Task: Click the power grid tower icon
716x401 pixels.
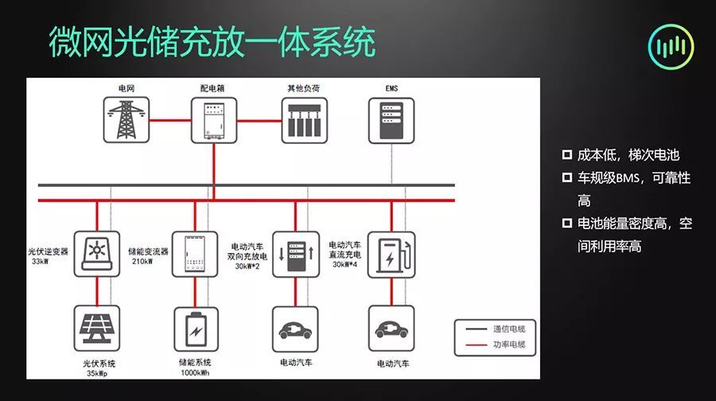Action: click(126, 119)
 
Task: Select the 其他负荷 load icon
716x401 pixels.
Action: click(304, 121)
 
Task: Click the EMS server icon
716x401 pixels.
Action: click(391, 121)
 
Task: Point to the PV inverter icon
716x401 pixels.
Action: click(97, 254)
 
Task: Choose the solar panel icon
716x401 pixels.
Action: click(97, 329)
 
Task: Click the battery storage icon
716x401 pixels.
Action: click(196, 329)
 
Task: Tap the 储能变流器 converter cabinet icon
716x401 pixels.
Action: click(195, 254)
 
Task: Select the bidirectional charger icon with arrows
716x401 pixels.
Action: click(296, 255)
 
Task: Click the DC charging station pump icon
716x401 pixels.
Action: click(391, 255)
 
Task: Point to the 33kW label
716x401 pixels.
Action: click(41, 262)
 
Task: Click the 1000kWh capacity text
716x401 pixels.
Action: click(195, 372)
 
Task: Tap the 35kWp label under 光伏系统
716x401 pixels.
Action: click(97, 374)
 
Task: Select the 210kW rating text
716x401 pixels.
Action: click(142, 261)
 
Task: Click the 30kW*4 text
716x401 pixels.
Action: click(344, 264)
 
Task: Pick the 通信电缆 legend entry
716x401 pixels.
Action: click(496, 329)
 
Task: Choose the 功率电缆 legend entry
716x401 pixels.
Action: click(496, 345)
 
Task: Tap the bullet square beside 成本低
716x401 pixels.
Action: click(567, 154)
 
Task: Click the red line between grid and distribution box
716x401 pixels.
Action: click(170, 121)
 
